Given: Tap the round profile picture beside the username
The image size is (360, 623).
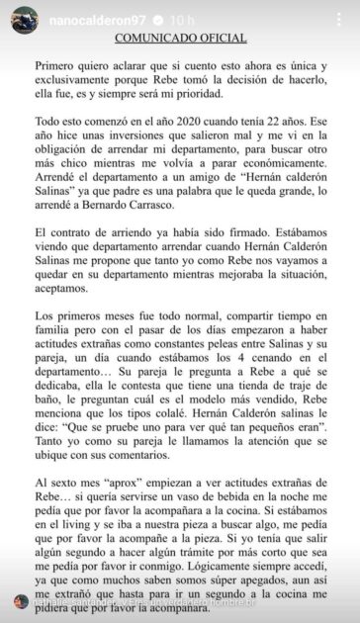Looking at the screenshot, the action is pyautogui.click(x=23, y=20).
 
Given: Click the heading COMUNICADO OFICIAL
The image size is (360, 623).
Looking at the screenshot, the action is pyautogui.click(x=179, y=38).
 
